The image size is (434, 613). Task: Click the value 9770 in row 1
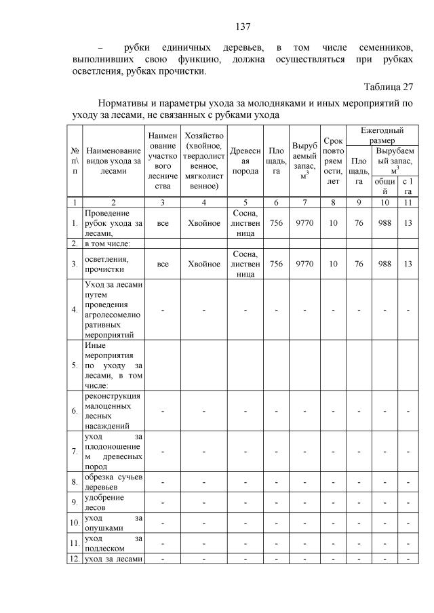(304, 222)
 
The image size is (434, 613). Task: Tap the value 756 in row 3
(276, 264)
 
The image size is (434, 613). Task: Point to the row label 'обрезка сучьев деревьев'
(113, 482)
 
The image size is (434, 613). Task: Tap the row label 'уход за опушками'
(113, 523)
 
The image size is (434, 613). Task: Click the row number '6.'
(74, 410)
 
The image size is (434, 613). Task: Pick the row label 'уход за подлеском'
(113, 543)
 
